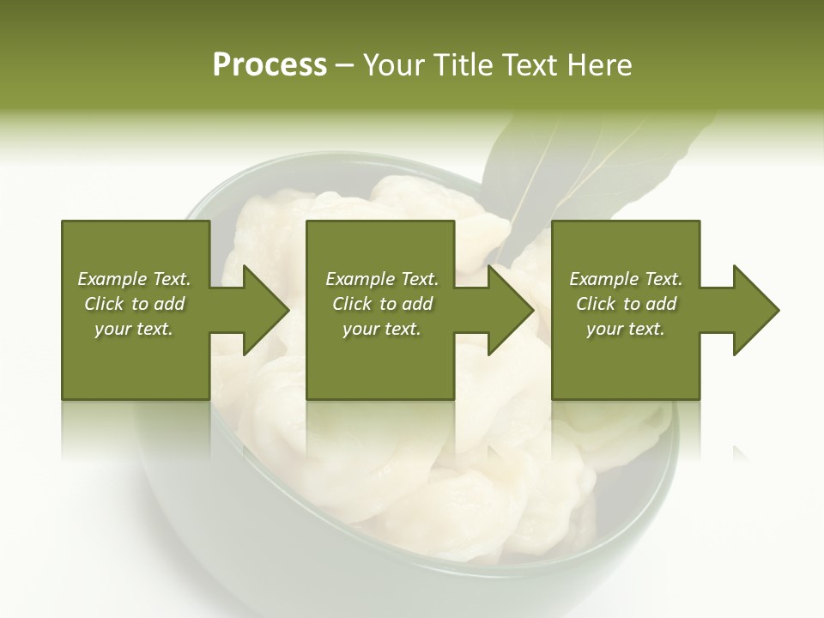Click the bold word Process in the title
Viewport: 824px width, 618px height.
[x=270, y=65]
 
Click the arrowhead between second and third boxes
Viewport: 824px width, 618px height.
[x=510, y=310]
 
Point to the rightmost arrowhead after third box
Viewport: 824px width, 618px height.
[x=754, y=310]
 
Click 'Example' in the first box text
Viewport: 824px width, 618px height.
[x=109, y=279]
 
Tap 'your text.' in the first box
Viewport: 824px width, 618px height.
[x=134, y=329]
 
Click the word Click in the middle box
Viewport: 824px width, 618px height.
[x=350, y=304]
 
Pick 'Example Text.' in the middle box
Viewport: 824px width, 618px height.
[x=382, y=279]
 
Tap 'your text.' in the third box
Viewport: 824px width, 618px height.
[x=625, y=329]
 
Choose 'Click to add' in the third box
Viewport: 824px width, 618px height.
[x=627, y=304]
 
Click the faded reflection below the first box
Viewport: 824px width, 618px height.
[x=136, y=429]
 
